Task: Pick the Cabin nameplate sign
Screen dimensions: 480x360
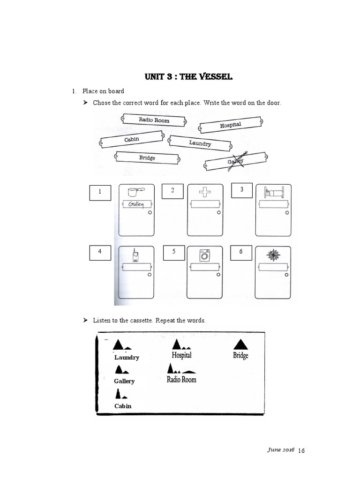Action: (132, 139)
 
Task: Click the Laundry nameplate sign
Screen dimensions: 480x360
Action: (200, 143)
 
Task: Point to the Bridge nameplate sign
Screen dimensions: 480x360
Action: (147, 158)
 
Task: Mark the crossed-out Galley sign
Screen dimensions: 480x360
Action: (236, 162)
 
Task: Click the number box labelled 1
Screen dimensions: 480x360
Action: (100, 193)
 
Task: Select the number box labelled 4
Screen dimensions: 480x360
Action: (100, 252)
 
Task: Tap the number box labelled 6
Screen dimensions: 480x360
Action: (241, 252)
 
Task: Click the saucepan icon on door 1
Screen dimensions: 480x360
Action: (135, 192)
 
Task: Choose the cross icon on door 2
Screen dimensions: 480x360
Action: (205, 192)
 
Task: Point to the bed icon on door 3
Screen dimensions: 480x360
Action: (272, 192)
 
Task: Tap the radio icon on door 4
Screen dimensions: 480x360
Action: (135, 255)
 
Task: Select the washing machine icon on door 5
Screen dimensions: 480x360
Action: (205, 255)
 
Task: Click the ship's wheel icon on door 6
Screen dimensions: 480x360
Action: (273, 255)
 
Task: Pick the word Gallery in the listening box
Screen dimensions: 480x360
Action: (124, 381)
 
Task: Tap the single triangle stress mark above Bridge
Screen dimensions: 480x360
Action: (240, 345)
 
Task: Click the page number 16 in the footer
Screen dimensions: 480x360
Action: (301, 450)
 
